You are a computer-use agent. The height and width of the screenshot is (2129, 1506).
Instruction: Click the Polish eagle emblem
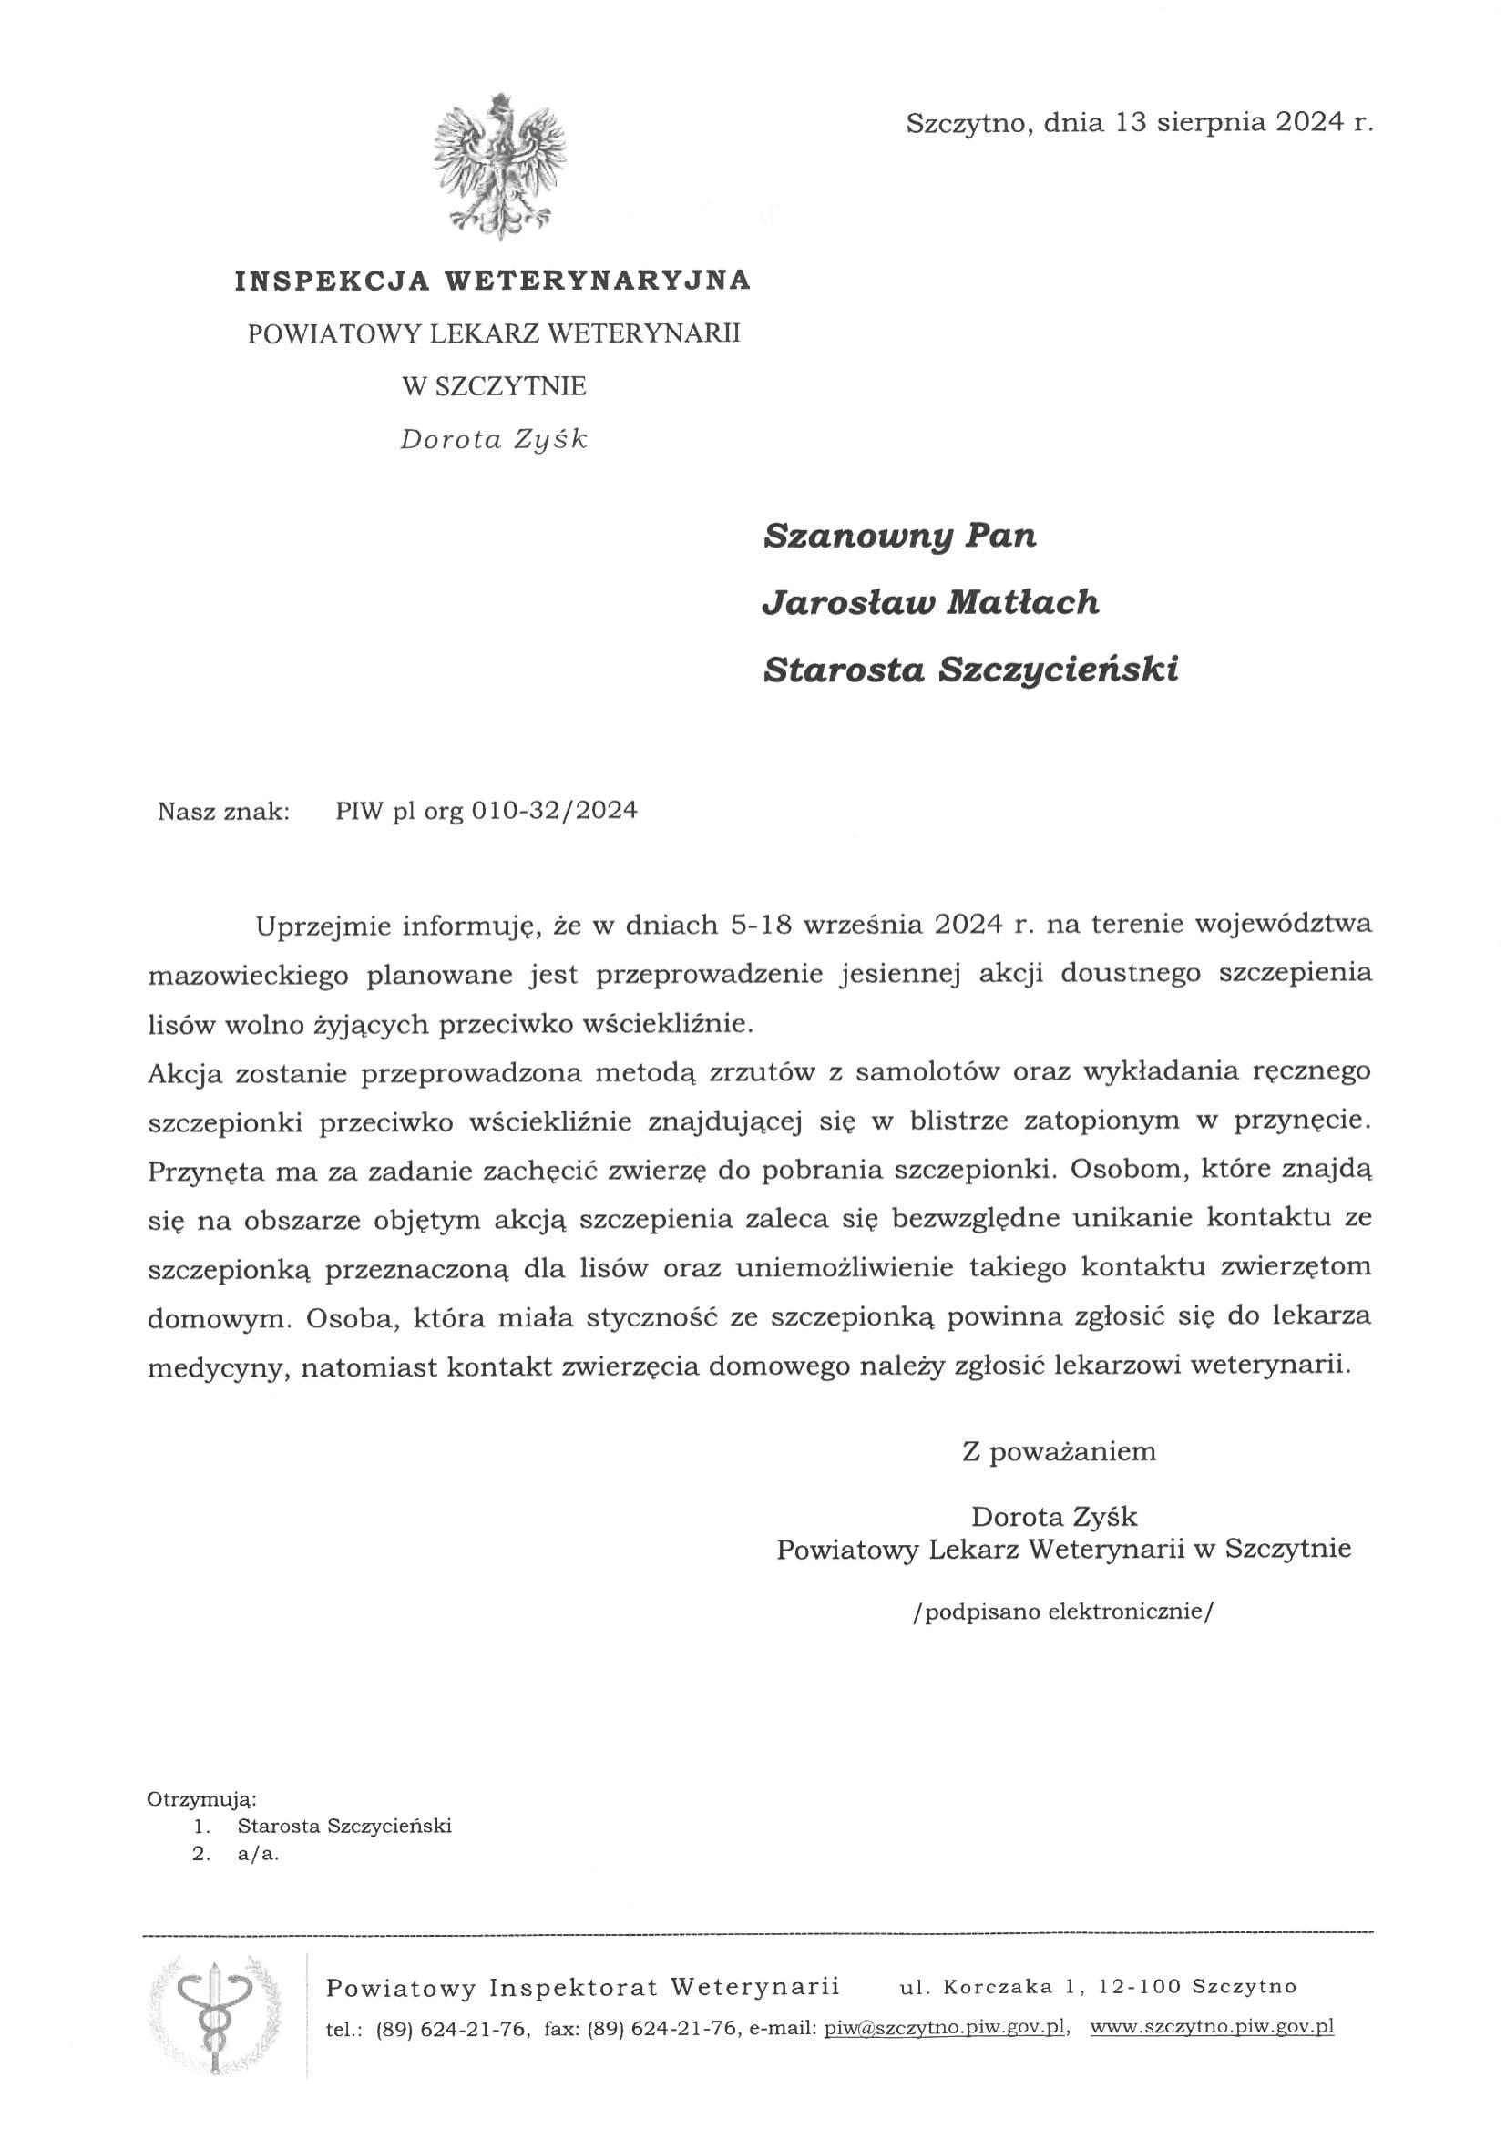pyautogui.click(x=500, y=167)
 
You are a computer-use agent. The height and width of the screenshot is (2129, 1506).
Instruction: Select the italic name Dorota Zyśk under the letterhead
pyautogui.click(x=494, y=439)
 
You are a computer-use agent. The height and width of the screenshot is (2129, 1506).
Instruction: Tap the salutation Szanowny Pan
pyautogui.click(x=898, y=537)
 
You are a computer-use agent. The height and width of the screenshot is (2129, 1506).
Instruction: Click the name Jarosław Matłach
pyautogui.click(x=930, y=604)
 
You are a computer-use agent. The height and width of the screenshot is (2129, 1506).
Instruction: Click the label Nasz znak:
pyautogui.click(x=223, y=813)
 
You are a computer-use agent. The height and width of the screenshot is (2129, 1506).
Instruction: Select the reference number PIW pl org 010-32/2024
pyautogui.click(x=486, y=812)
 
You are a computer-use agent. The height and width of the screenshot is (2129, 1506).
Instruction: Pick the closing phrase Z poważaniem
pyautogui.click(x=1058, y=1452)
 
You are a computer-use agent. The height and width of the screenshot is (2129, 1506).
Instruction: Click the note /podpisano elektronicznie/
pyautogui.click(x=1061, y=1612)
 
